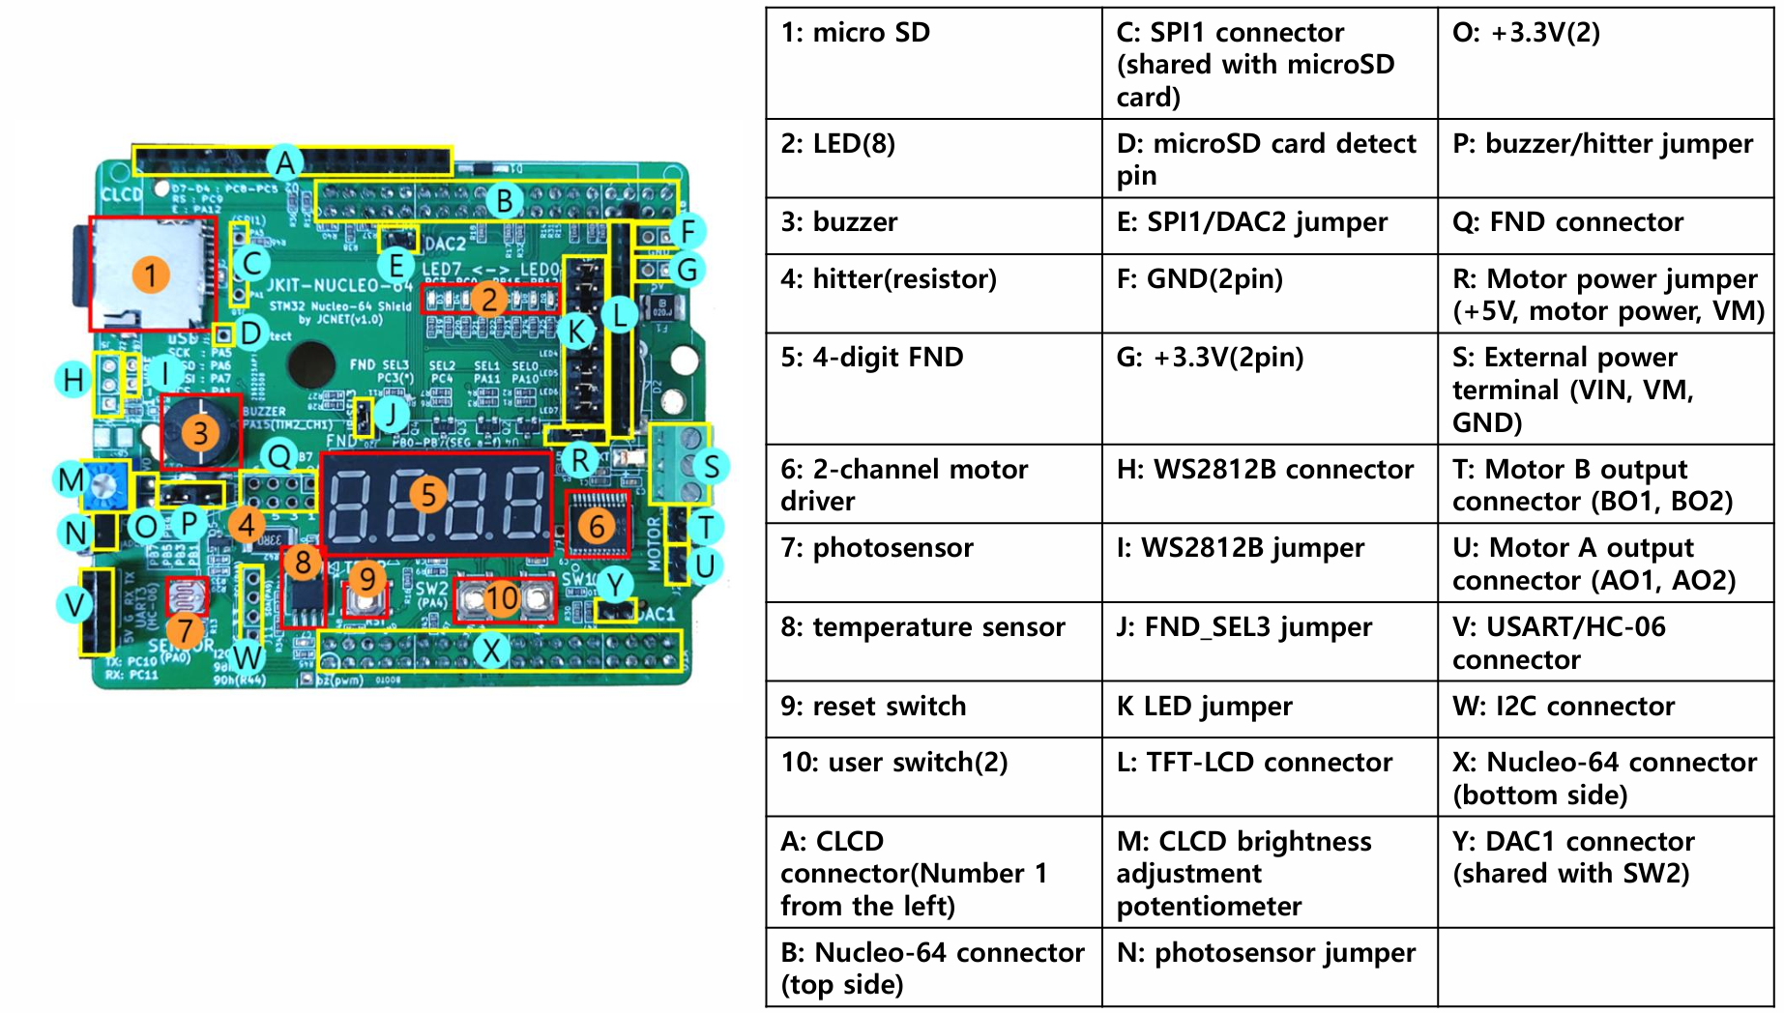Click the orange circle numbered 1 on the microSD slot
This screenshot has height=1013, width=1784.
pyautogui.click(x=151, y=275)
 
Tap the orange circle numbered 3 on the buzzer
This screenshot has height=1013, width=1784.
pyautogui.click(x=200, y=432)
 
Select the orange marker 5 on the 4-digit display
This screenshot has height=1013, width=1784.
pyautogui.click(x=428, y=494)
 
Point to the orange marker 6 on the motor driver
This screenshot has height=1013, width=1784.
pyautogui.click(x=597, y=526)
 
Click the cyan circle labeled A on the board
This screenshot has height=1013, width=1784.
pyautogui.click(x=284, y=162)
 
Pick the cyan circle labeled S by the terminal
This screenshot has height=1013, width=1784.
pyautogui.click(x=712, y=466)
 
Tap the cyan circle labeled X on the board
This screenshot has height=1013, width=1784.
pyautogui.click(x=491, y=650)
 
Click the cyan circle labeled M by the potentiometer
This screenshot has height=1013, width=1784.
pyautogui.click(x=71, y=479)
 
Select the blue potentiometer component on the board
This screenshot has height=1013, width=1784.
pyautogui.click(x=105, y=486)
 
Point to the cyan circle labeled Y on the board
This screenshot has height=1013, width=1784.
pyautogui.click(x=615, y=584)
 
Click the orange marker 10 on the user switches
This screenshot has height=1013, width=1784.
pyautogui.click(x=502, y=598)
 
